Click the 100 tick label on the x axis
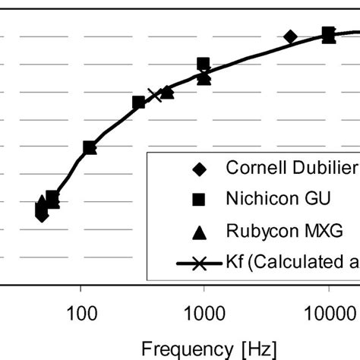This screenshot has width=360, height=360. [x=81, y=313]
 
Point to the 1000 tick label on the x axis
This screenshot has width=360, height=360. [x=204, y=313]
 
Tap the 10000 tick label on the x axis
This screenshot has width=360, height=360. [x=328, y=313]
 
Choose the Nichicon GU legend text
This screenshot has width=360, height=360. [x=278, y=199]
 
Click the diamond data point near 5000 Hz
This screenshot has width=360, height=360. [x=290, y=36]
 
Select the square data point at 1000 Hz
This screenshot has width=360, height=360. [x=204, y=65]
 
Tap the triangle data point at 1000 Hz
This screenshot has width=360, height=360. [x=204, y=77]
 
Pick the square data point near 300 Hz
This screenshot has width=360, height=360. [x=139, y=102]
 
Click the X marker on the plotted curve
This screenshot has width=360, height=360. [x=155, y=95]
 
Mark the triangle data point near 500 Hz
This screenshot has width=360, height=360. [x=168, y=92]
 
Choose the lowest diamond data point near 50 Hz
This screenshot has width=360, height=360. [x=42, y=216]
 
